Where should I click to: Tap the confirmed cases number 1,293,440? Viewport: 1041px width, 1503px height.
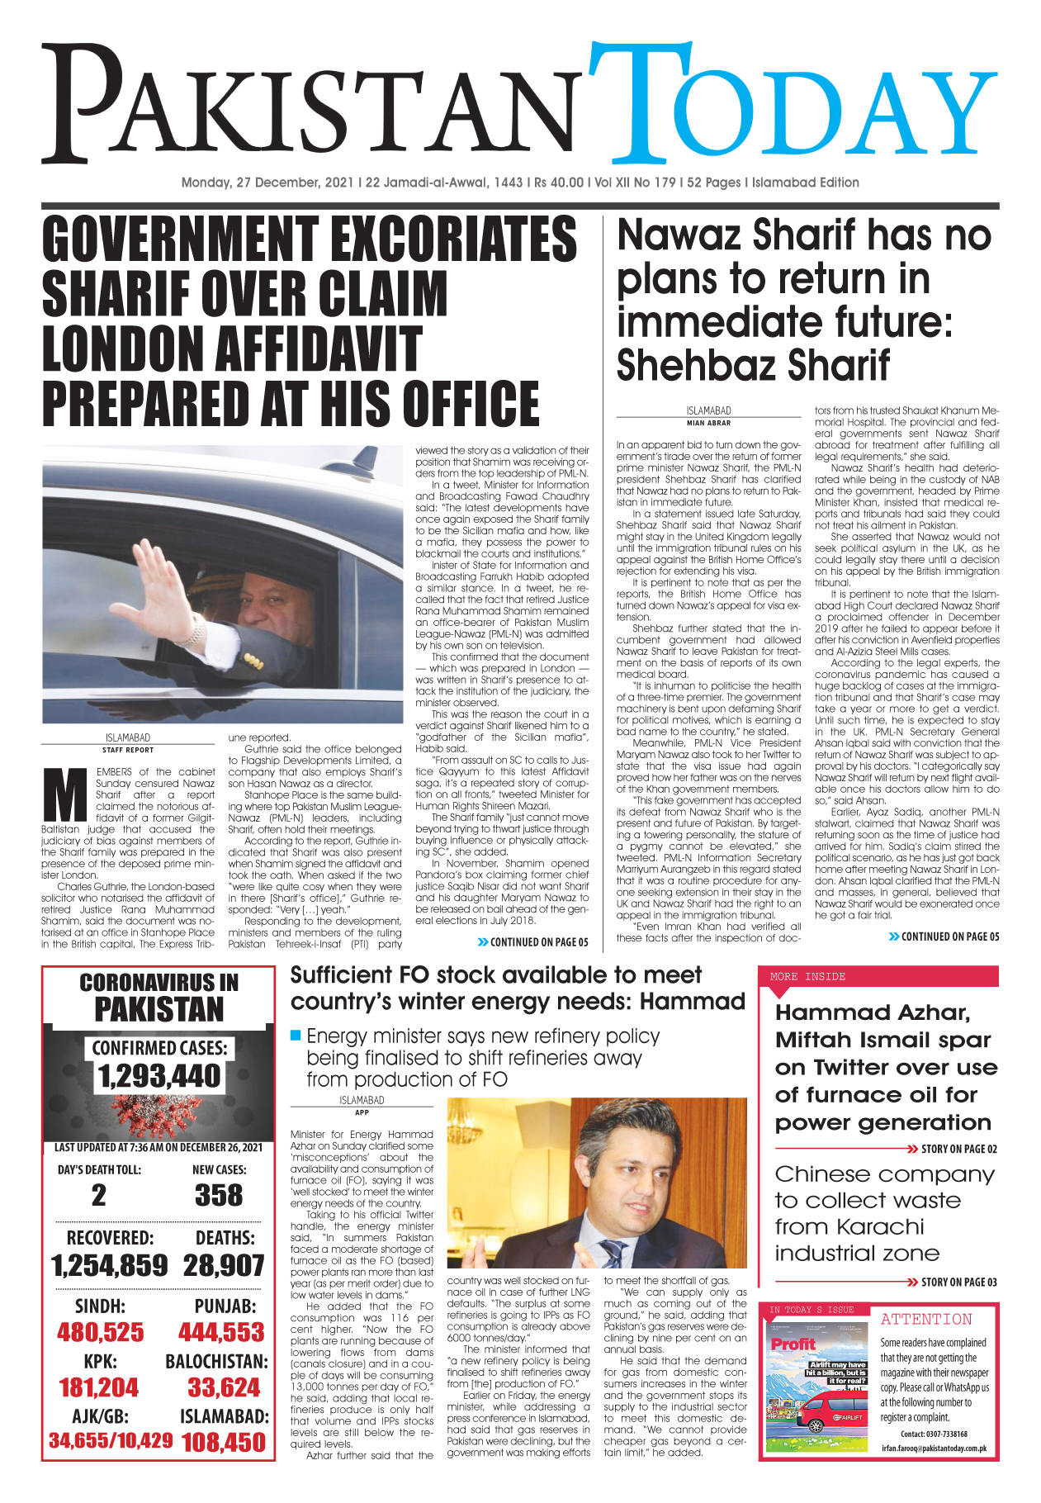point(159,1076)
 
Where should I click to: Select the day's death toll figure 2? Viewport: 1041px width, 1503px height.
point(99,1195)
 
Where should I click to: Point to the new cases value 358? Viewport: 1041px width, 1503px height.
point(219,1195)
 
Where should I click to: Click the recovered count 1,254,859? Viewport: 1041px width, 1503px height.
point(110,1266)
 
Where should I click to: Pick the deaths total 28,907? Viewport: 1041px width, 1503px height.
point(224,1266)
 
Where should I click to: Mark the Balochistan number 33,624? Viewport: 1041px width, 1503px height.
point(224,1387)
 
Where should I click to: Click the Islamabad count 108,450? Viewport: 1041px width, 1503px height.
point(224,1442)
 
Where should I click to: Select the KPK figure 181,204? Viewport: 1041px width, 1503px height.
point(99,1387)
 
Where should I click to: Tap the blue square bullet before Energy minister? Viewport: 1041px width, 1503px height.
point(296,1036)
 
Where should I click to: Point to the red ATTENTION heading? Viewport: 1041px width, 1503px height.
point(926,1320)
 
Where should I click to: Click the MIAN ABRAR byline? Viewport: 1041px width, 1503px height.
point(708,423)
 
